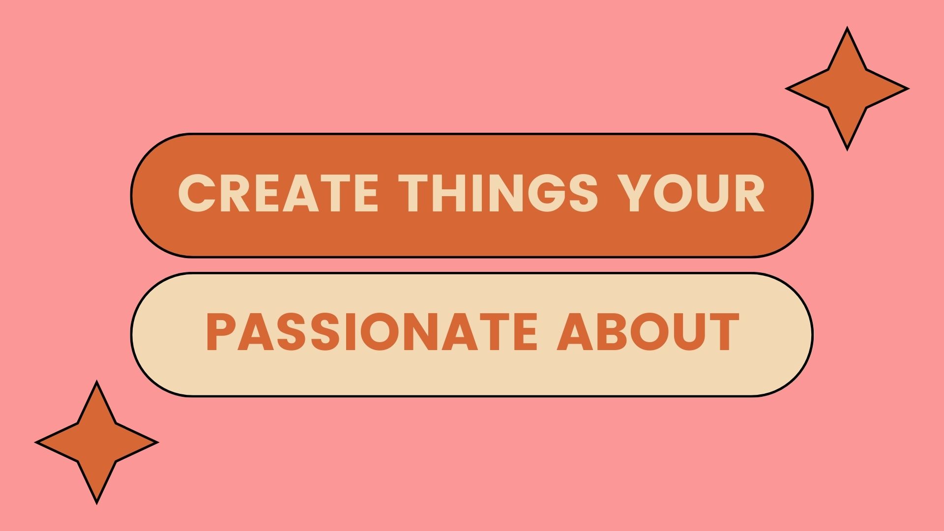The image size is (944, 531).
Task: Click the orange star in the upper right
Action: click(847, 88)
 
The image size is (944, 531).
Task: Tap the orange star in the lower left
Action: click(97, 442)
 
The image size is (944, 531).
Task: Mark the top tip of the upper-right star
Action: click(847, 28)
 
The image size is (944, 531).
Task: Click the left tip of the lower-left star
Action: click(36, 442)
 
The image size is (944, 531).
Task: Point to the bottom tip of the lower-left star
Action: click(97, 503)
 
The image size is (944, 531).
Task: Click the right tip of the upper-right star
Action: click(908, 88)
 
